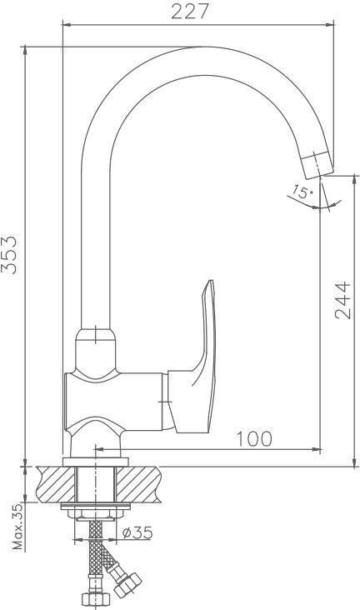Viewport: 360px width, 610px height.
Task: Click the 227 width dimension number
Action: pyautogui.click(x=190, y=12)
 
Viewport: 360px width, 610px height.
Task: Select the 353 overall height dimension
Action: pyautogui.click(x=9, y=255)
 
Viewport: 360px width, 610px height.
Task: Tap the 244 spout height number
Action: pyautogui.click(x=342, y=300)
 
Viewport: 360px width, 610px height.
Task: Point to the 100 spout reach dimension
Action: pyautogui.click(x=254, y=439)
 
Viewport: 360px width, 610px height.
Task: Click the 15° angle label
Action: pyautogui.click(x=302, y=192)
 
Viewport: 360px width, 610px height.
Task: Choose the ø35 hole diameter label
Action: pyautogui.click(x=137, y=532)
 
